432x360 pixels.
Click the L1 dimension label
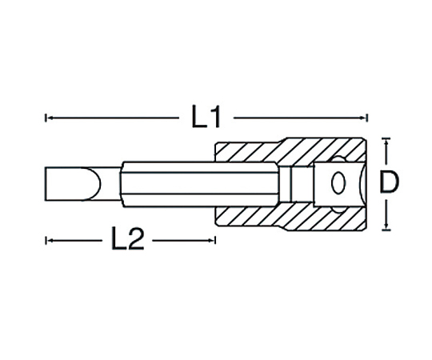click(x=206, y=117)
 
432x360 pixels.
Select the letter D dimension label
click(x=389, y=182)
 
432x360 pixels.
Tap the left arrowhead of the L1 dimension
click(x=50, y=118)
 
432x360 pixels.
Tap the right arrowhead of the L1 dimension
click(x=364, y=118)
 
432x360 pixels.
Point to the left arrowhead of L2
click(x=50, y=241)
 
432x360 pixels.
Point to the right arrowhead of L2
click(x=211, y=241)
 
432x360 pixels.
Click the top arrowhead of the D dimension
click(x=386, y=142)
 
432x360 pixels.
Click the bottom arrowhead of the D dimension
click(x=386, y=226)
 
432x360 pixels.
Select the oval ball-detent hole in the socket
click(x=338, y=183)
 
